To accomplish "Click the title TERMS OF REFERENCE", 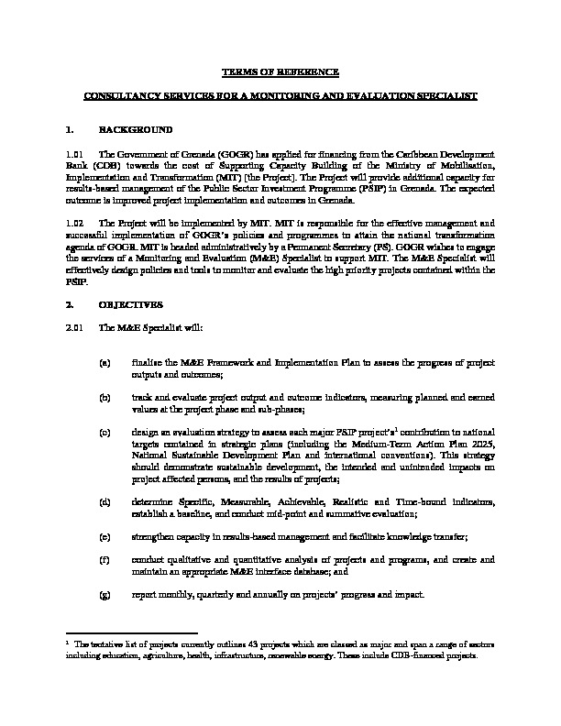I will pyautogui.click(x=281, y=71).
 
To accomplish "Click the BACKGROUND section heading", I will pyautogui.click(x=136, y=129).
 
